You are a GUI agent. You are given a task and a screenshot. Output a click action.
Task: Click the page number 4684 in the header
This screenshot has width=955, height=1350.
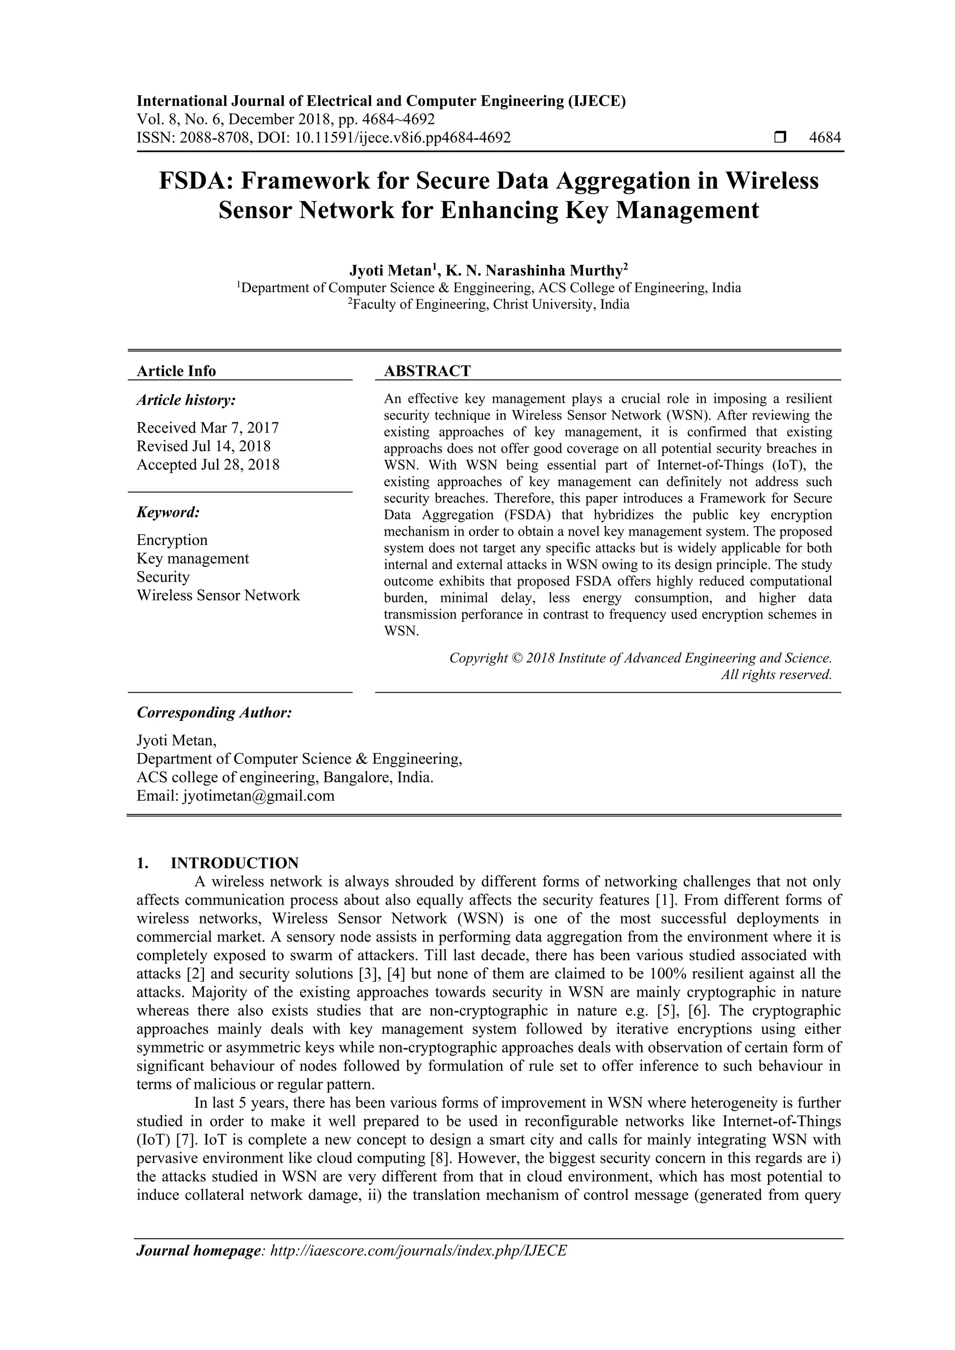(824, 138)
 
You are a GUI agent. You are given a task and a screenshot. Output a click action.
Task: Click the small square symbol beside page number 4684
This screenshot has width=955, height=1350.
(780, 138)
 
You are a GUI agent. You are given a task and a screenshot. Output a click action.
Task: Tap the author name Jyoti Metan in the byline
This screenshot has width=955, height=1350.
(390, 270)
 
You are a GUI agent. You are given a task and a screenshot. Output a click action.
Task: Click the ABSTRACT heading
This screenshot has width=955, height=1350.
(427, 371)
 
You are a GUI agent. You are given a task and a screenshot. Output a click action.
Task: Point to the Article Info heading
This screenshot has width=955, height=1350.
(176, 371)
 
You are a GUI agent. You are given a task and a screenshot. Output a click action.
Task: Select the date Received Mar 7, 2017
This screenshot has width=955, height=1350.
(208, 427)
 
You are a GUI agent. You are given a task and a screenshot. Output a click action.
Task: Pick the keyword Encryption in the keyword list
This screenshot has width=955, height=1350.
(172, 540)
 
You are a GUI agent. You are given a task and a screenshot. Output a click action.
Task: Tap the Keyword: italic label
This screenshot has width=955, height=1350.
(168, 512)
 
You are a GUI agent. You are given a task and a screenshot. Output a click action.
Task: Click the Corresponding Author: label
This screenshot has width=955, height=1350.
(214, 713)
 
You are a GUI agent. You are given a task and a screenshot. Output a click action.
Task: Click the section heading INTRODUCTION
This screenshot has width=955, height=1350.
(234, 863)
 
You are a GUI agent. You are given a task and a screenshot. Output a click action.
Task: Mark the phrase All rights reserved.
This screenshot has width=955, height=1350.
(776, 675)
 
